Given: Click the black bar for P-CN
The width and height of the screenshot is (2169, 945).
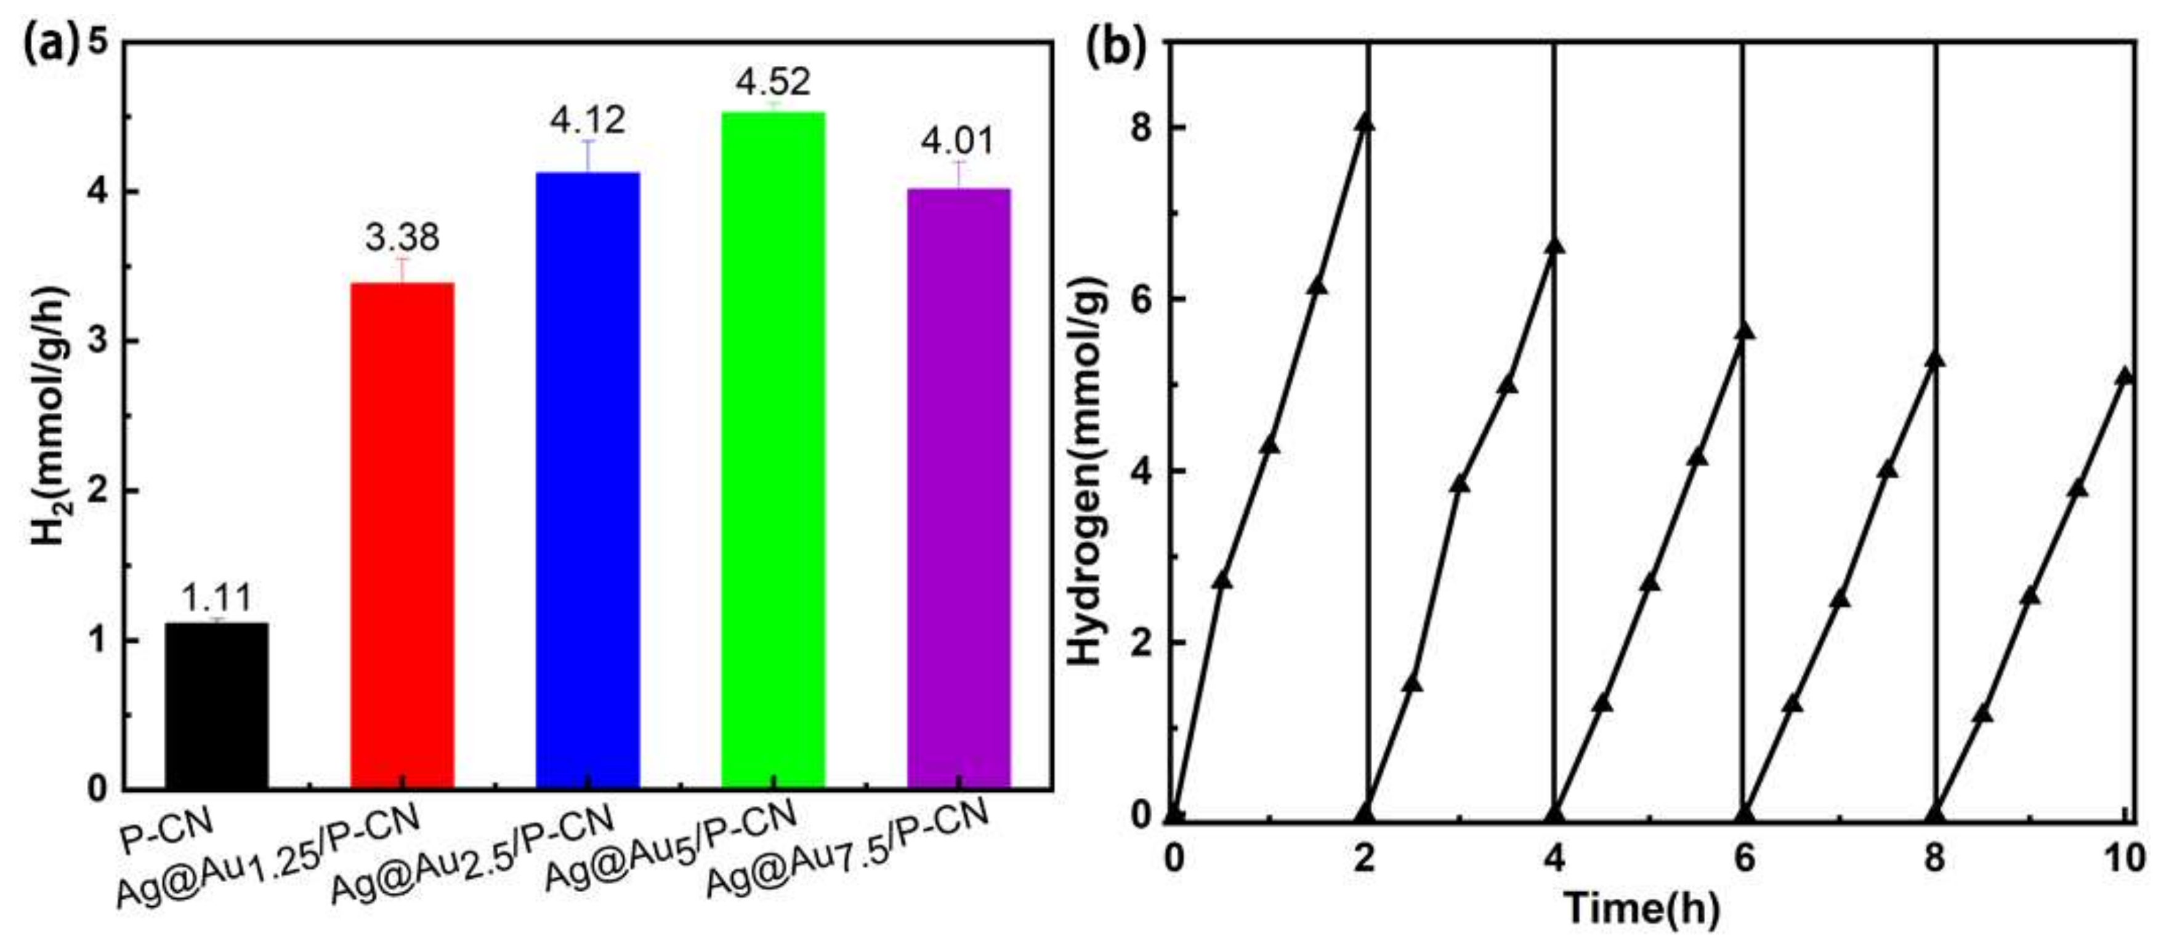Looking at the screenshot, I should point(216,705).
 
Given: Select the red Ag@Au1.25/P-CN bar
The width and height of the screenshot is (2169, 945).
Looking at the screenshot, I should point(403,535).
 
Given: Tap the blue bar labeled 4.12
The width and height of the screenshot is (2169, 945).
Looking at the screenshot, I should point(588,480).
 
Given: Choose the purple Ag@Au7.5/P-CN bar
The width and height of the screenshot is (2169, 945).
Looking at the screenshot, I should point(958,488).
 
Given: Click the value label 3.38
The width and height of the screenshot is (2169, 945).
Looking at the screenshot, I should point(403,238).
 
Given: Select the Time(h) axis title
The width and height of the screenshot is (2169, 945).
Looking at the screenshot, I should point(1641,909).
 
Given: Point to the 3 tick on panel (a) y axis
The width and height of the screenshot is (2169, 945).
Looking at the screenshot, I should point(99,341).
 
